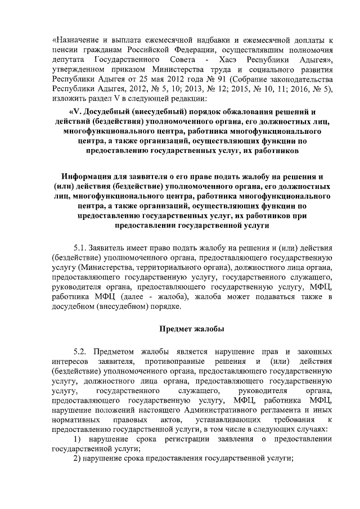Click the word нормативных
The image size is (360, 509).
73,420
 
